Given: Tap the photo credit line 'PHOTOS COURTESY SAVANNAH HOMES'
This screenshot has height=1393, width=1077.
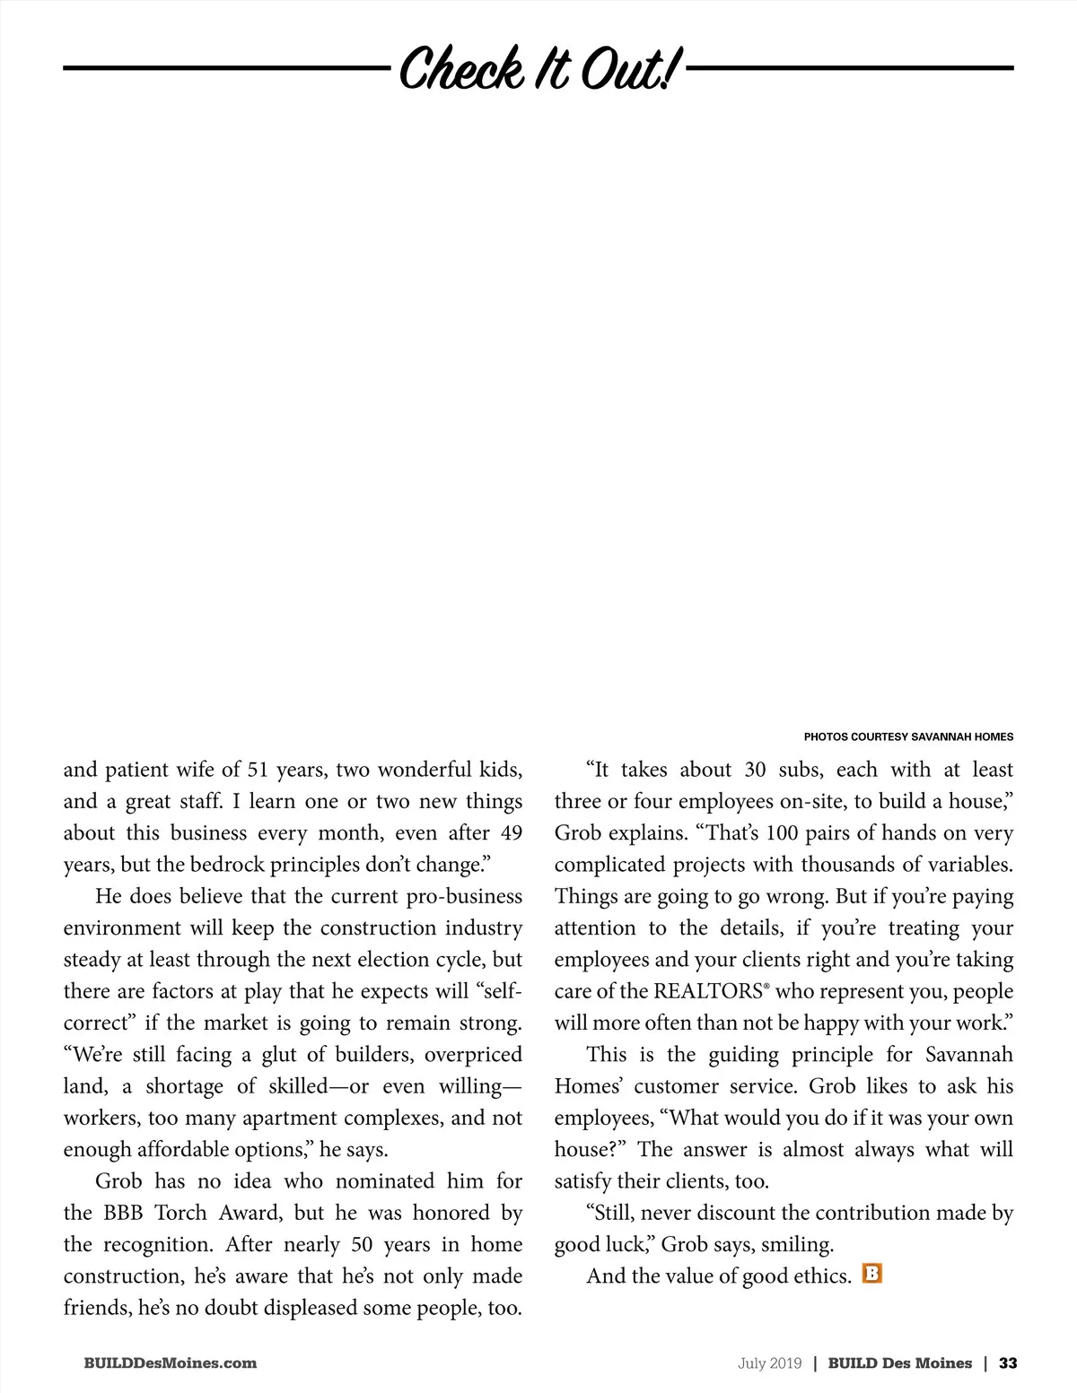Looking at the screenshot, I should click(908, 737).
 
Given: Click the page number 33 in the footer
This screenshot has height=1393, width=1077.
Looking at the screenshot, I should click(1008, 1363).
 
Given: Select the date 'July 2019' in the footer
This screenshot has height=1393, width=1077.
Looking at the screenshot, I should click(769, 1363).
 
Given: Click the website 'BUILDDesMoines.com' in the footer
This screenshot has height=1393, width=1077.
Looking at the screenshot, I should click(170, 1363).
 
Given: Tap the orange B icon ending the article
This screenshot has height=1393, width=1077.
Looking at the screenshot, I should click(871, 1274).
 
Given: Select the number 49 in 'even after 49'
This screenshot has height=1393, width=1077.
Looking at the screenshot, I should click(511, 833).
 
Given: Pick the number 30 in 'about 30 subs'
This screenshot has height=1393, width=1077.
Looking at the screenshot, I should click(755, 771).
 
